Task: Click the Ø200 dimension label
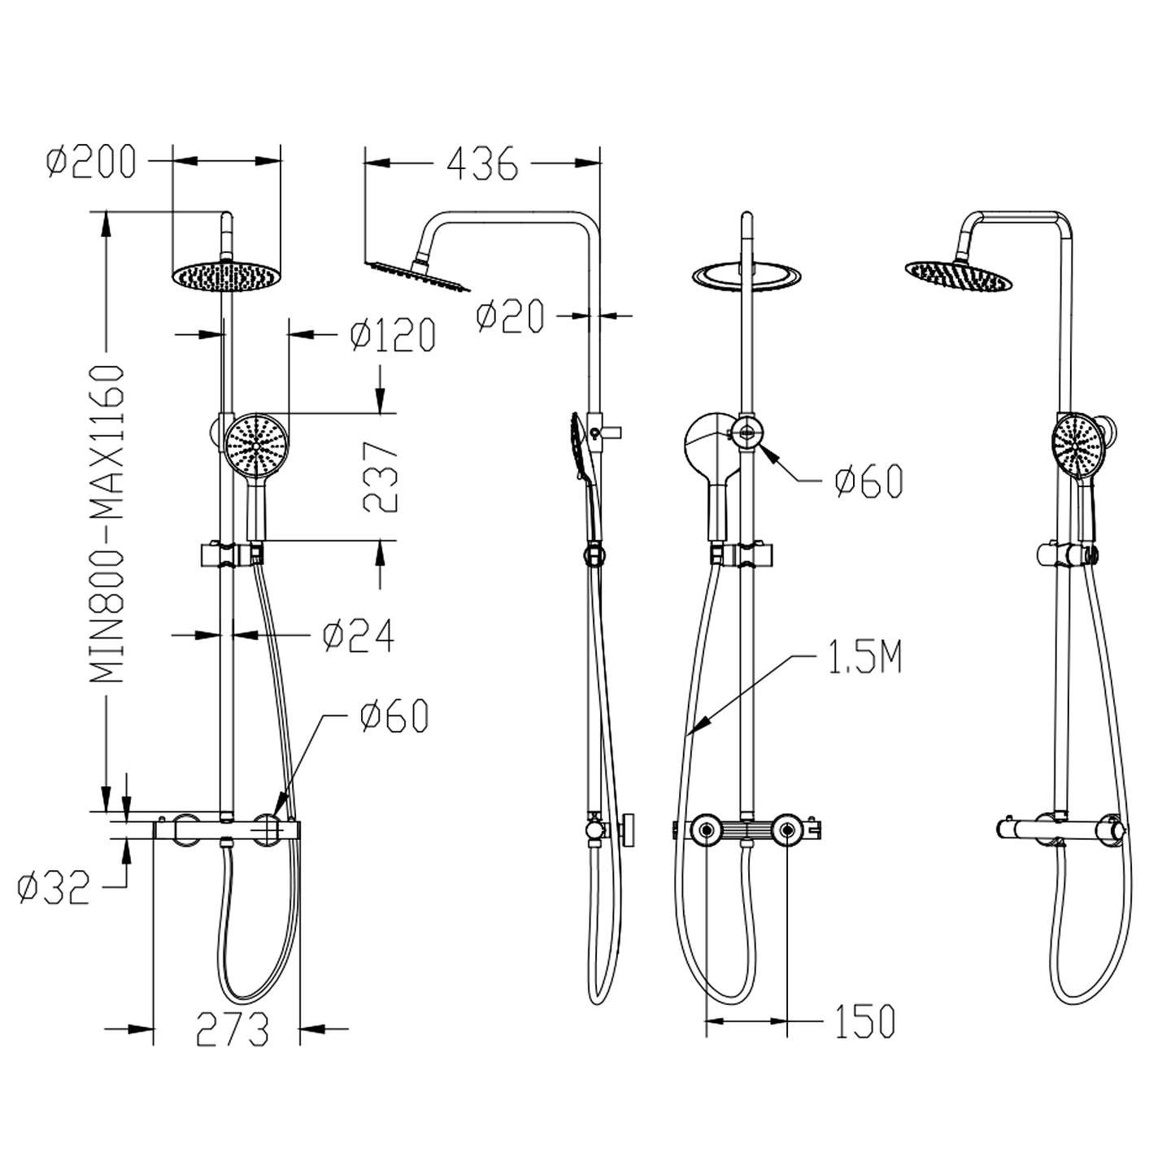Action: [91, 162]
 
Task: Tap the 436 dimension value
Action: [482, 163]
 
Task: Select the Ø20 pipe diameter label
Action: [510, 316]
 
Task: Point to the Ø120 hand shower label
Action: [393, 335]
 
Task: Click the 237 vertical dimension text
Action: [380, 477]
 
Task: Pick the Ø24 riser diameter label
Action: [359, 635]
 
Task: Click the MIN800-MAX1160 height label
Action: [107, 524]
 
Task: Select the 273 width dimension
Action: [233, 1029]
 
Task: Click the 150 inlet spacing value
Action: [864, 1021]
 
